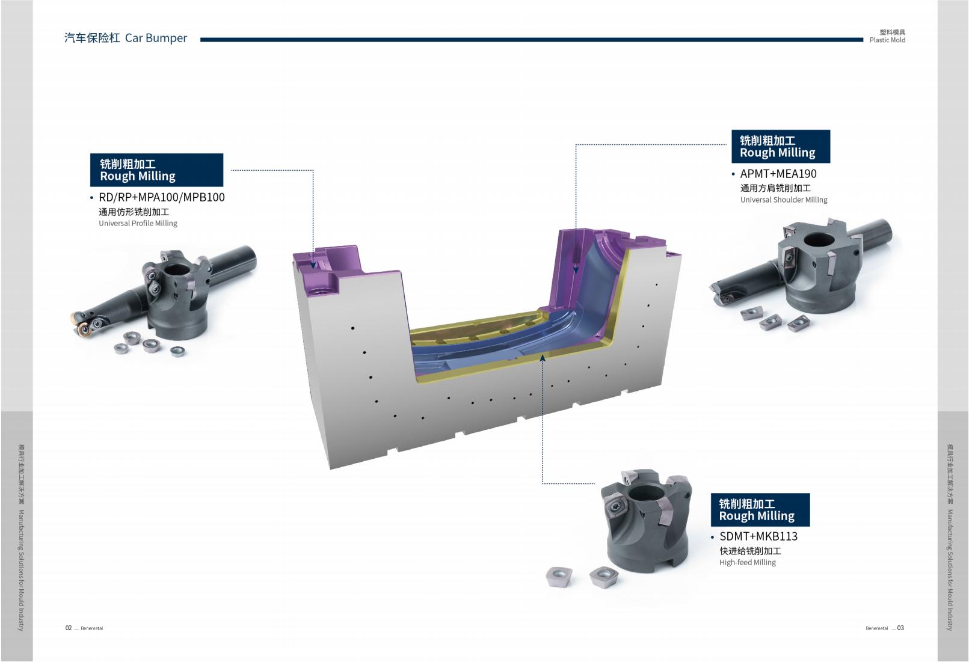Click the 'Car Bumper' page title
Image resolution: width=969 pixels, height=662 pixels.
[156, 38]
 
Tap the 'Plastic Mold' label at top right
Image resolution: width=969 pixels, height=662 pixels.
[887, 40]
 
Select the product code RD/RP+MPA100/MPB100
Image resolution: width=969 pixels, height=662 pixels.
[161, 197]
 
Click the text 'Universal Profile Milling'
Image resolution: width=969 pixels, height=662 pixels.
[138, 223]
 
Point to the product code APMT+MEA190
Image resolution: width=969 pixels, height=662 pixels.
[778, 174]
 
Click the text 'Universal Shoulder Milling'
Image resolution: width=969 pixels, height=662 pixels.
[783, 200]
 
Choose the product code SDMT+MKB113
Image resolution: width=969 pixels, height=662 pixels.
[758, 536]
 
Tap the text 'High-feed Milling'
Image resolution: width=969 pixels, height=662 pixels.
[747, 562]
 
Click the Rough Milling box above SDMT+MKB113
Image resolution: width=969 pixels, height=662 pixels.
[760, 510]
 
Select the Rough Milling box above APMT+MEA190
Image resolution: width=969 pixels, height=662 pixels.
[780, 146]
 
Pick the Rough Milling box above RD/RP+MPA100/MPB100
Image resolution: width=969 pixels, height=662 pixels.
[156, 170]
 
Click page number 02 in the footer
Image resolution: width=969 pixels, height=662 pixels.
[69, 628]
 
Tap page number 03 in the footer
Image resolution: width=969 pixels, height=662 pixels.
[900, 628]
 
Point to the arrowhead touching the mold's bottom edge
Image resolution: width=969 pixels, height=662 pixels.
[543, 358]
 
